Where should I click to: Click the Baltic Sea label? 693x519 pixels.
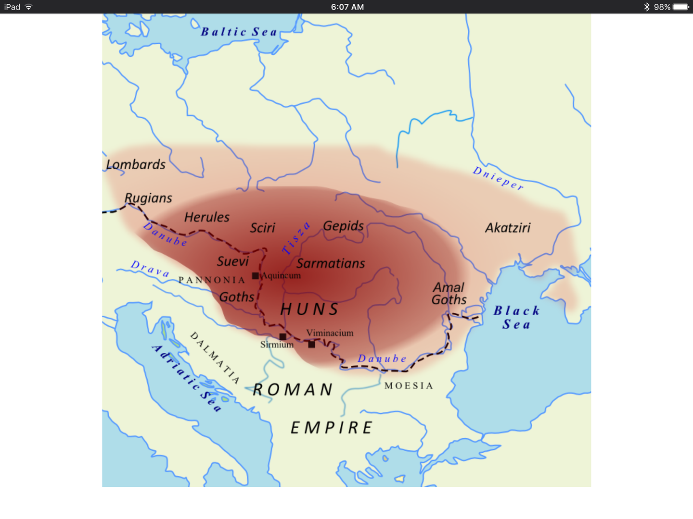click(x=239, y=32)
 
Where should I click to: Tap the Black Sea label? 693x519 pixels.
click(x=516, y=318)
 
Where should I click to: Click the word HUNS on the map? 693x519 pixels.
click(x=310, y=309)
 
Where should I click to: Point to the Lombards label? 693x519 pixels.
click(x=136, y=165)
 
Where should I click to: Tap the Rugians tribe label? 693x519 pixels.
click(x=148, y=198)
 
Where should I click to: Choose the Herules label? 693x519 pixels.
click(x=207, y=217)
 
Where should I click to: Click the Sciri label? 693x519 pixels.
click(x=262, y=228)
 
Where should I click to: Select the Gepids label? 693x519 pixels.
click(x=343, y=226)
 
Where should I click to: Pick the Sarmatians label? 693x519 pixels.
click(x=331, y=263)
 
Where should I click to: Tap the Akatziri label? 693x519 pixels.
click(x=508, y=228)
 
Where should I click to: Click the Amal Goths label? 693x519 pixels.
click(x=449, y=294)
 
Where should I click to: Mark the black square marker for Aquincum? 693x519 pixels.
click(x=256, y=276)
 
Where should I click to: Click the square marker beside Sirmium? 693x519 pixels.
click(x=283, y=336)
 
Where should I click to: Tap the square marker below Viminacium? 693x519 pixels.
click(x=312, y=344)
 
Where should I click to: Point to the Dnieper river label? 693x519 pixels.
click(x=498, y=178)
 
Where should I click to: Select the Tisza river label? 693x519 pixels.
click(x=296, y=238)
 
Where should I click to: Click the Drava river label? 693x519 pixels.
click(x=150, y=269)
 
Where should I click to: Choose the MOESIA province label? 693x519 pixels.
click(x=409, y=386)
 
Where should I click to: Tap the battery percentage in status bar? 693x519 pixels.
click(x=662, y=7)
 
